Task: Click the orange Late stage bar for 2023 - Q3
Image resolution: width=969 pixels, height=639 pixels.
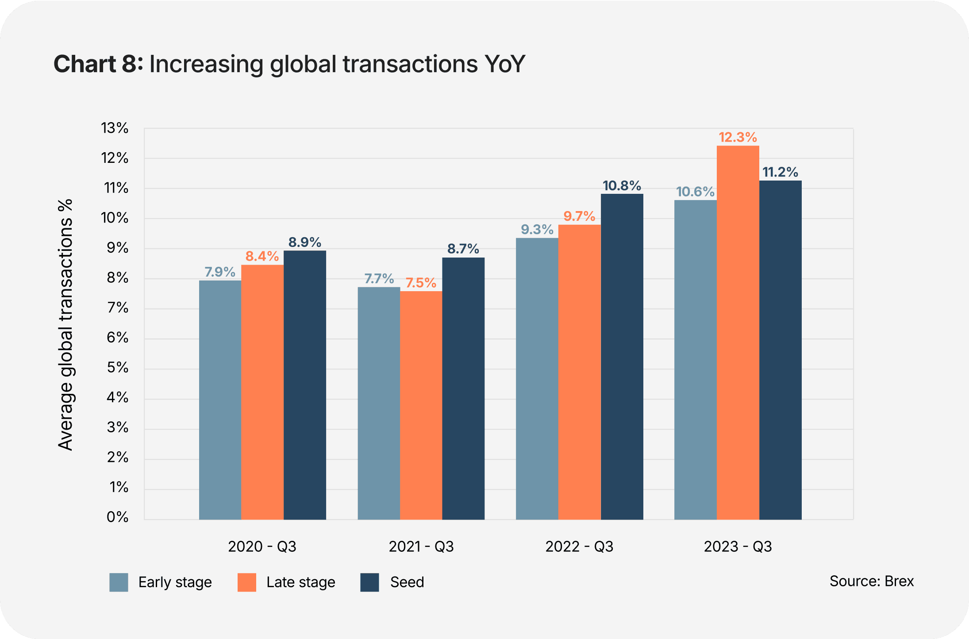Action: coord(738,332)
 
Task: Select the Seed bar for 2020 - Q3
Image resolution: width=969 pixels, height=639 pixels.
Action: coord(304,385)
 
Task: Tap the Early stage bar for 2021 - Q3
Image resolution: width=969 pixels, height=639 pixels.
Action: coord(378,403)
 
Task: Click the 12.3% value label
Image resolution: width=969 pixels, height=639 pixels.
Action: coord(738,137)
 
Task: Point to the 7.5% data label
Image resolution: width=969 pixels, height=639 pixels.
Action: coord(421,283)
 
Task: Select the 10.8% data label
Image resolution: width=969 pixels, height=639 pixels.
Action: coord(622,185)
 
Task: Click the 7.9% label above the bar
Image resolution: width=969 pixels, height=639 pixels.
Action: coord(220,272)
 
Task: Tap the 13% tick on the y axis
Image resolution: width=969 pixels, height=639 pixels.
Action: coord(115,128)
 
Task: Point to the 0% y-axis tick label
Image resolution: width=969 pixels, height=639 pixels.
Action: coord(117,517)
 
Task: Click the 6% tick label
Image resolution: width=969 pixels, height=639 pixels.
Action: coord(117,338)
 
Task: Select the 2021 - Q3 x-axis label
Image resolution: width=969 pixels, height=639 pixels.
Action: coord(421,547)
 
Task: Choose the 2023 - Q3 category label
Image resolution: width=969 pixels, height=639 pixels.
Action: coord(738,547)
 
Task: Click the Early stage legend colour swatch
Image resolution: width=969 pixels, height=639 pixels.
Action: coord(119,582)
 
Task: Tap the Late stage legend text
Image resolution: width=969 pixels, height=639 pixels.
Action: coord(300,582)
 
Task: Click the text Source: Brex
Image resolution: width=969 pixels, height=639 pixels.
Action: coord(871,581)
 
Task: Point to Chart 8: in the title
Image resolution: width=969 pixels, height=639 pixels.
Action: coord(98,64)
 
